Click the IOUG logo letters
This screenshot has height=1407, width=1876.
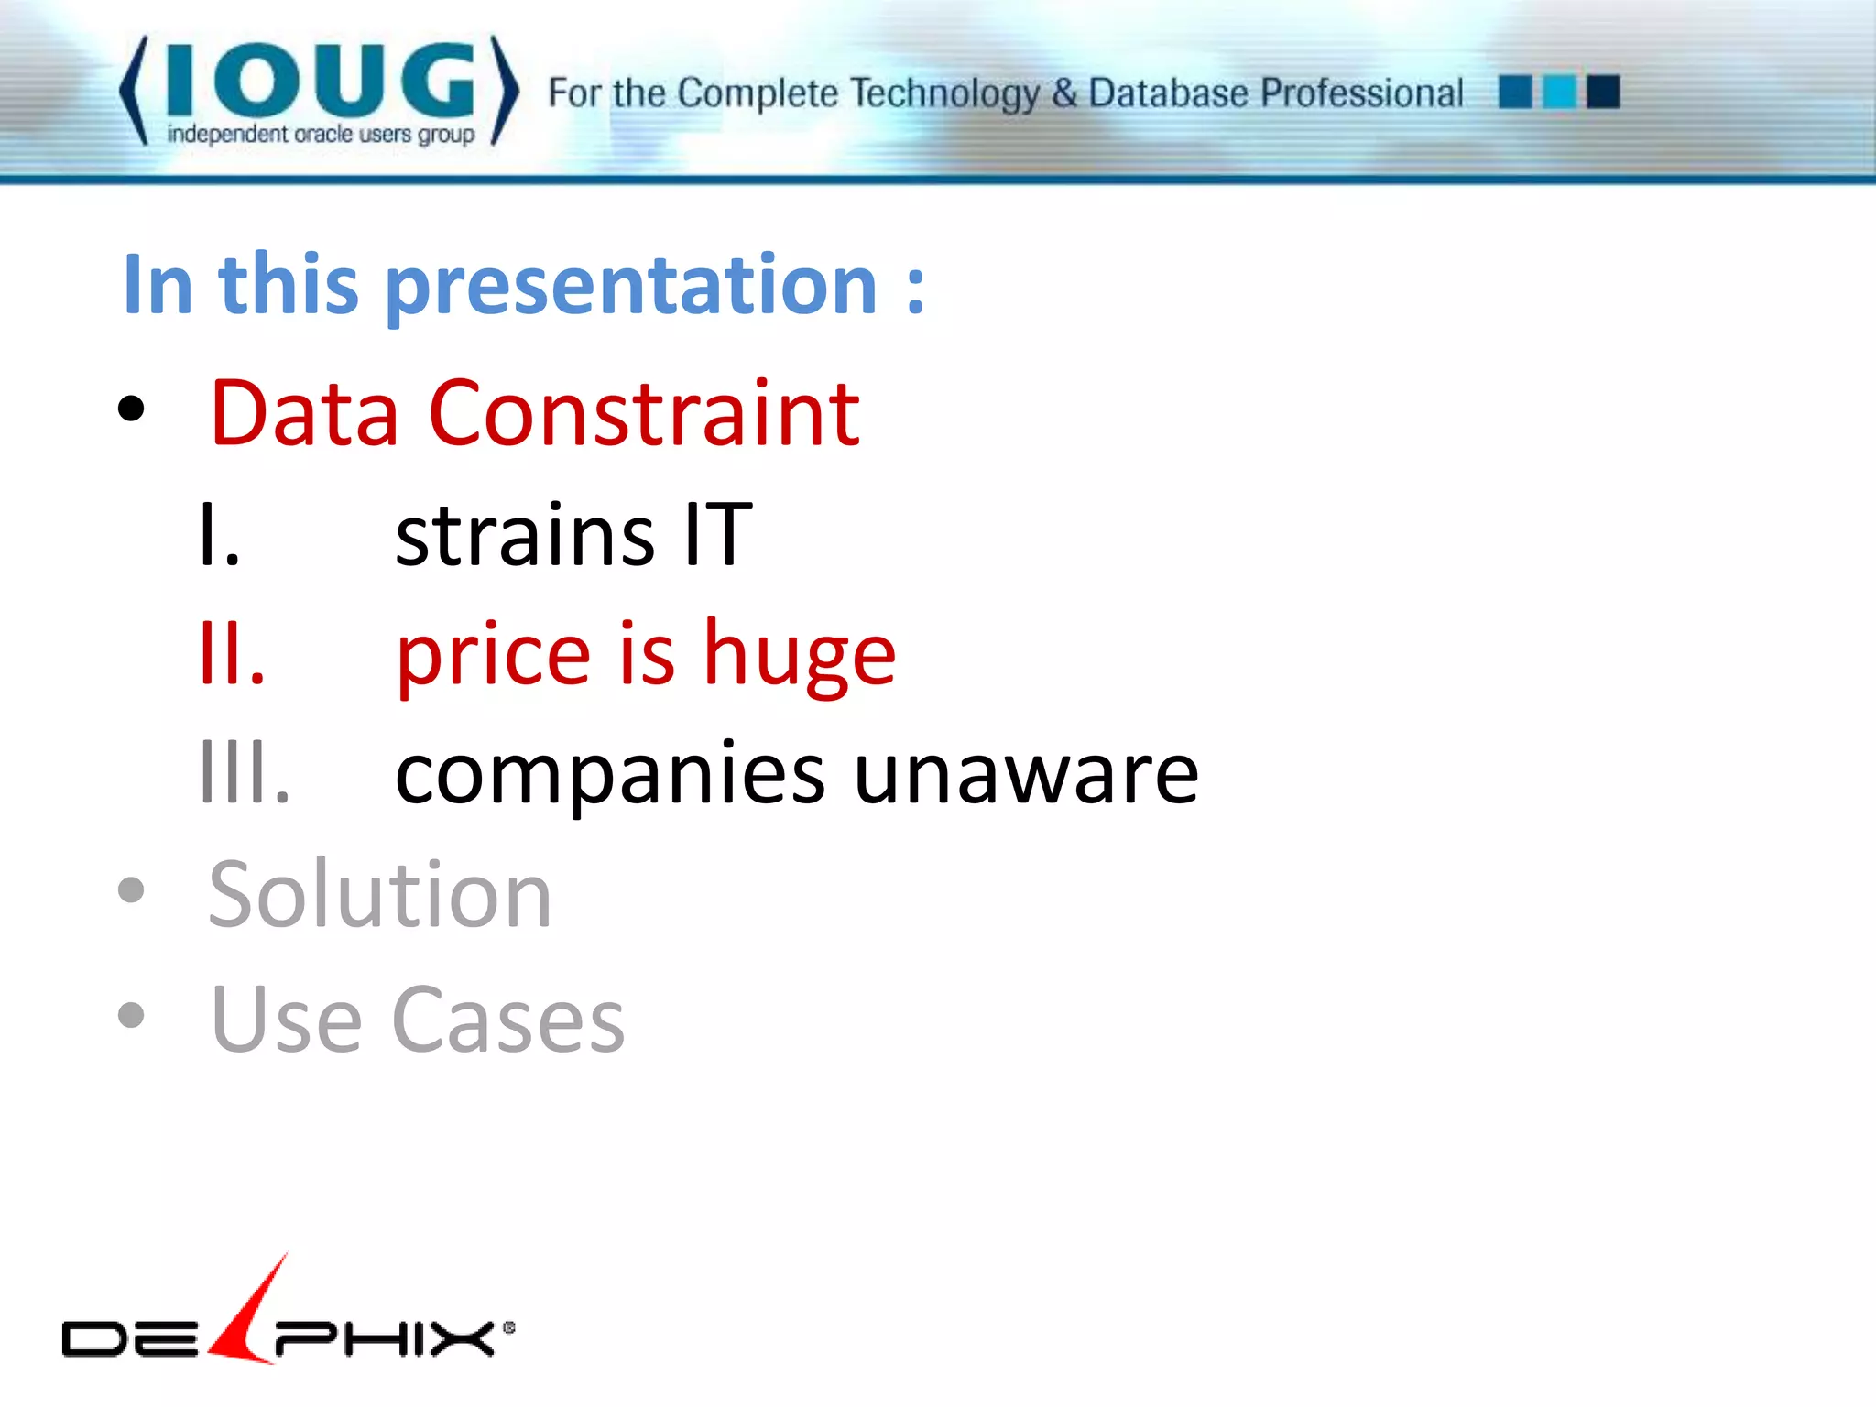(x=321, y=81)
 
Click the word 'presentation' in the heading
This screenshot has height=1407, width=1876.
(x=632, y=286)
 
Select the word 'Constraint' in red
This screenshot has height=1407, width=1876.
(x=644, y=414)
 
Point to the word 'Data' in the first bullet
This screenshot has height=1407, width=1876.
(x=304, y=414)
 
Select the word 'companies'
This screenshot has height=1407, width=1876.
(x=610, y=775)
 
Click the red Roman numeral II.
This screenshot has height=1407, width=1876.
(x=232, y=654)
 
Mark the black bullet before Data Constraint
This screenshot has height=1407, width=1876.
(x=131, y=409)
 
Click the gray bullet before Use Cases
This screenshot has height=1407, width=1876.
(x=131, y=1014)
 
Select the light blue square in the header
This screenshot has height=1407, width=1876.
(x=1559, y=92)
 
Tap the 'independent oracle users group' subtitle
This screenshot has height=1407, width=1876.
(x=321, y=135)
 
